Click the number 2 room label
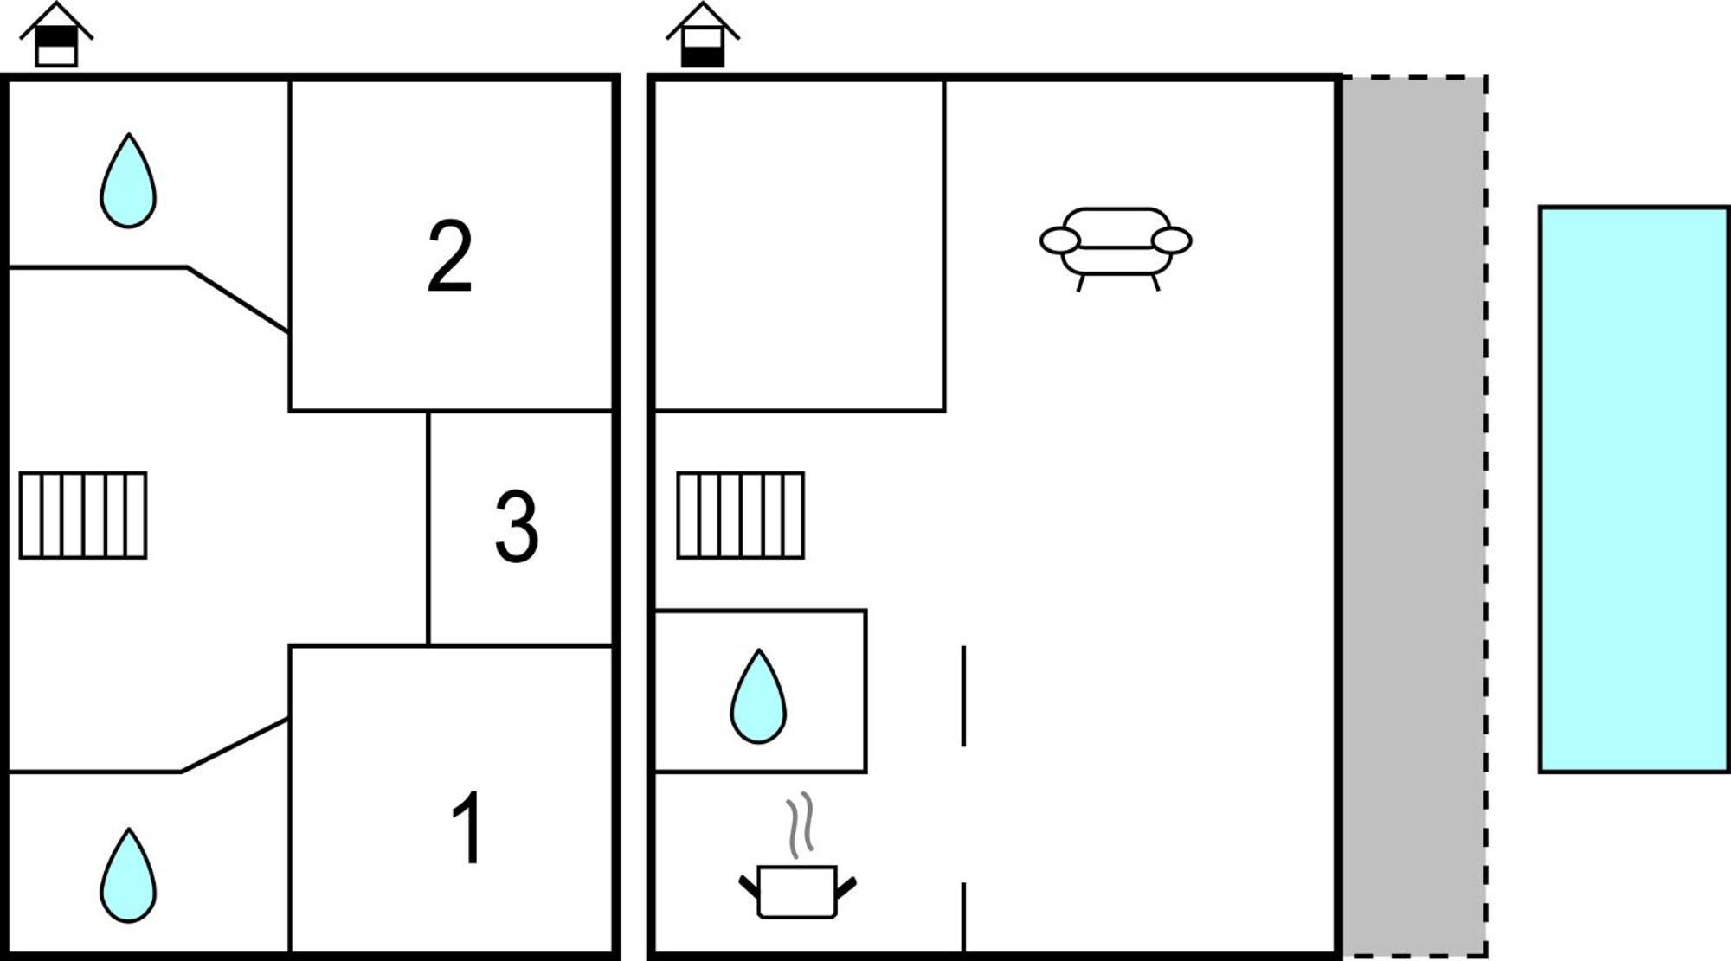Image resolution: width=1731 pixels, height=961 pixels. pyautogui.click(x=450, y=256)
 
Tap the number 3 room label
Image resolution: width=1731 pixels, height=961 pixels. pyautogui.click(x=517, y=527)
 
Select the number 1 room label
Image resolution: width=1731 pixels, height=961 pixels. pyautogui.click(x=468, y=828)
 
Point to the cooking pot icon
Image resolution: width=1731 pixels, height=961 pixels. pyautogui.click(x=797, y=892)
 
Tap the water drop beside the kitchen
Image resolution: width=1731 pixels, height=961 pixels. pyautogui.click(x=758, y=696)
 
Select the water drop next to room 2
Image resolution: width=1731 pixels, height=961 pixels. pyautogui.click(x=128, y=181)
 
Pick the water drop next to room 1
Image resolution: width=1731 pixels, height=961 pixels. pyautogui.click(x=128, y=875)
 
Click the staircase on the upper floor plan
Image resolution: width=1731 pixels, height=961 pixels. pyautogui.click(x=83, y=516)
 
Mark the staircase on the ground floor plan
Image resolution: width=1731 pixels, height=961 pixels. pyautogui.click(x=741, y=516)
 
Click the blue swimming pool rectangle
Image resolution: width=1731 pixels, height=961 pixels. pyautogui.click(x=1634, y=490)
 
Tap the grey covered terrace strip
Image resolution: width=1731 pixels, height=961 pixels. pyautogui.click(x=1414, y=516)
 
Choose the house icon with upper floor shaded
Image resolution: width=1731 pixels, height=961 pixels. pyautogui.click(x=56, y=35)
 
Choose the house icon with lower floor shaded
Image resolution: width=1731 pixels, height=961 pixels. pyautogui.click(x=703, y=35)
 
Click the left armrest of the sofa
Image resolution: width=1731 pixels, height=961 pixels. pyautogui.click(x=1059, y=240)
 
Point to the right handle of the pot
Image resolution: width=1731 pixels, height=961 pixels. pyautogui.click(x=846, y=887)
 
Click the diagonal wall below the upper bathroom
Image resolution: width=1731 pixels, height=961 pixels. pyautogui.click(x=238, y=299)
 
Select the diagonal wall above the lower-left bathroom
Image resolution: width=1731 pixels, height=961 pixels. pyautogui.click(x=235, y=744)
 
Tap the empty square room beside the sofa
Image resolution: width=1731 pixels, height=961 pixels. pyautogui.click(x=800, y=245)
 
